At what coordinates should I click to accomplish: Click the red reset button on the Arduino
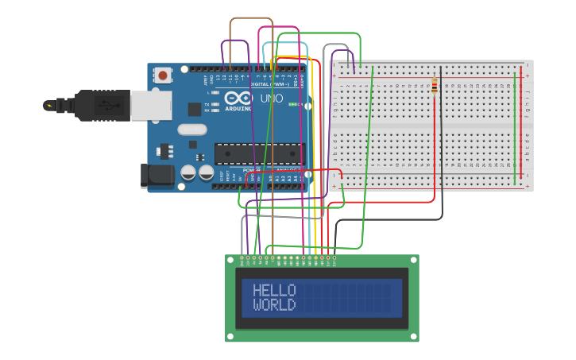coord(163,75)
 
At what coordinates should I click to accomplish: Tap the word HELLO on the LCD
coord(274,290)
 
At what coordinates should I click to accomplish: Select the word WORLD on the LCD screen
coord(274,305)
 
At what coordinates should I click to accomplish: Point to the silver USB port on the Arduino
coord(151,105)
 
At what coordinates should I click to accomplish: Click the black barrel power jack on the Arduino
coord(157,176)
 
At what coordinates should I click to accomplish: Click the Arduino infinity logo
coord(238,99)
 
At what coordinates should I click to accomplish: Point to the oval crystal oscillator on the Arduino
coord(192,129)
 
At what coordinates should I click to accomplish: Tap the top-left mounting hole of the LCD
coord(230,260)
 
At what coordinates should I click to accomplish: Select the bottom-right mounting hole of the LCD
coord(414,337)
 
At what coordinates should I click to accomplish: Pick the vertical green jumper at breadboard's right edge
coord(515,127)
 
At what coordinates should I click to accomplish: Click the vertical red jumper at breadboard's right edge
coord(521,127)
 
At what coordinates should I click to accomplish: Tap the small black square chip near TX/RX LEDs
coord(194,110)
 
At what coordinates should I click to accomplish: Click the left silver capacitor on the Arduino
coord(188,172)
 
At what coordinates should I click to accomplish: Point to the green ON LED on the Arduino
coord(292,104)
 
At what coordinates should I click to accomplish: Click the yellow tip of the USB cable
coord(48,105)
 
